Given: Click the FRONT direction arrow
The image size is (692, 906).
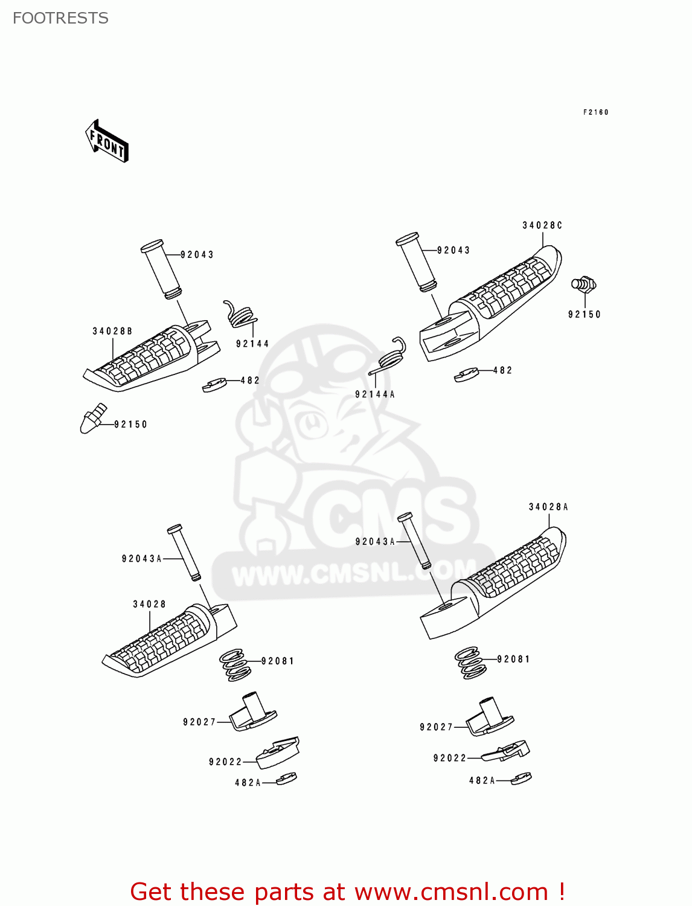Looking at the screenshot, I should point(107,141).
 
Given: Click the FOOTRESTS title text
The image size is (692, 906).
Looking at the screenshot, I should point(60,18).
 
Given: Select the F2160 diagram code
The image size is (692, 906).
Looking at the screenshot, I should point(595,112).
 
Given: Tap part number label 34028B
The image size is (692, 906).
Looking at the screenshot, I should point(112,331).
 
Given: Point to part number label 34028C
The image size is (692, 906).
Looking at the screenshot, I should point(542,225).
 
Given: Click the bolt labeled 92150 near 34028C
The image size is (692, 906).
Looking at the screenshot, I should point(583,284).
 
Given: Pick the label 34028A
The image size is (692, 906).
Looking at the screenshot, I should point(548,507).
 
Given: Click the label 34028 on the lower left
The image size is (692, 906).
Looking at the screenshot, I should point(149,604).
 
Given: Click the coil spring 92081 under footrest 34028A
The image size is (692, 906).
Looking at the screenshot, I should point(470,663).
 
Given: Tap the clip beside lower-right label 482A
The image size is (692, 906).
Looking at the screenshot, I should point(521,778).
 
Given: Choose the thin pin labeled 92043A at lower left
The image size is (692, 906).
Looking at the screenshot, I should point(184,553).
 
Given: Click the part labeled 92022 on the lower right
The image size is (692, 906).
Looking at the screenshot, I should point(506,751).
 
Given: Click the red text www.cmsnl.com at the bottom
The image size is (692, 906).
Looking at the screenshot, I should point(450,892).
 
